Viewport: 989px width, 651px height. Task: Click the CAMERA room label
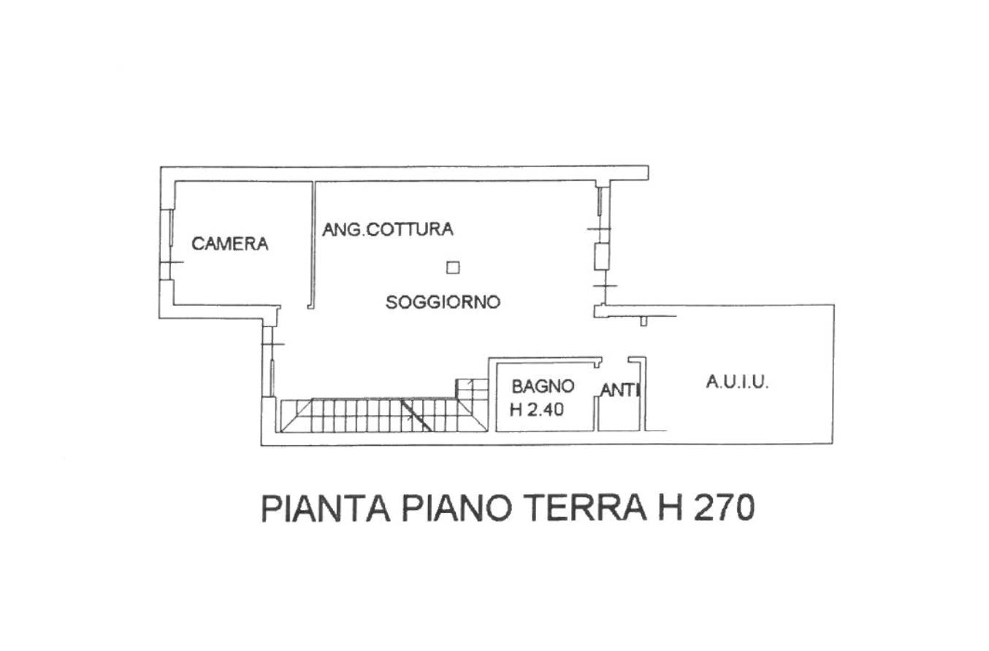[x=229, y=244]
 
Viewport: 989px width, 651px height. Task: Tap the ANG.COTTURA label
[x=388, y=229]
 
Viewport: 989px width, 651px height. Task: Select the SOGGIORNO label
[x=443, y=302]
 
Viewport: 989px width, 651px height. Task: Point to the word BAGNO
[x=543, y=386]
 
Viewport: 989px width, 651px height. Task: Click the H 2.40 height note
[x=536, y=410]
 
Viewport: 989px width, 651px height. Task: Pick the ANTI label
[x=620, y=390]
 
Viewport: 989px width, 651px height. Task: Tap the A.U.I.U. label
[x=737, y=382]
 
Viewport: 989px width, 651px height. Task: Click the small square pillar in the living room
[x=453, y=268]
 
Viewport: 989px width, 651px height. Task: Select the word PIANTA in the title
[x=326, y=509]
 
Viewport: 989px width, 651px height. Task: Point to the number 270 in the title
[x=725, y=508]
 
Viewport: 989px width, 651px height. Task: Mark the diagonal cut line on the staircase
[x=416, y=415]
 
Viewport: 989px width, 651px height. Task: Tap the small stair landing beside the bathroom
[x=472, y=389]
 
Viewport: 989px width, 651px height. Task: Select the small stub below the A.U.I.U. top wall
[x=644, y=321]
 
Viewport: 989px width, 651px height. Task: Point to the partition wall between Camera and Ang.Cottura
[x=313, y=245]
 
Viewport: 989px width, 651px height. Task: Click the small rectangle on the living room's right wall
[x=602, y=256]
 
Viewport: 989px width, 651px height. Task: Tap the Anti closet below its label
[x=619, y=414]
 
